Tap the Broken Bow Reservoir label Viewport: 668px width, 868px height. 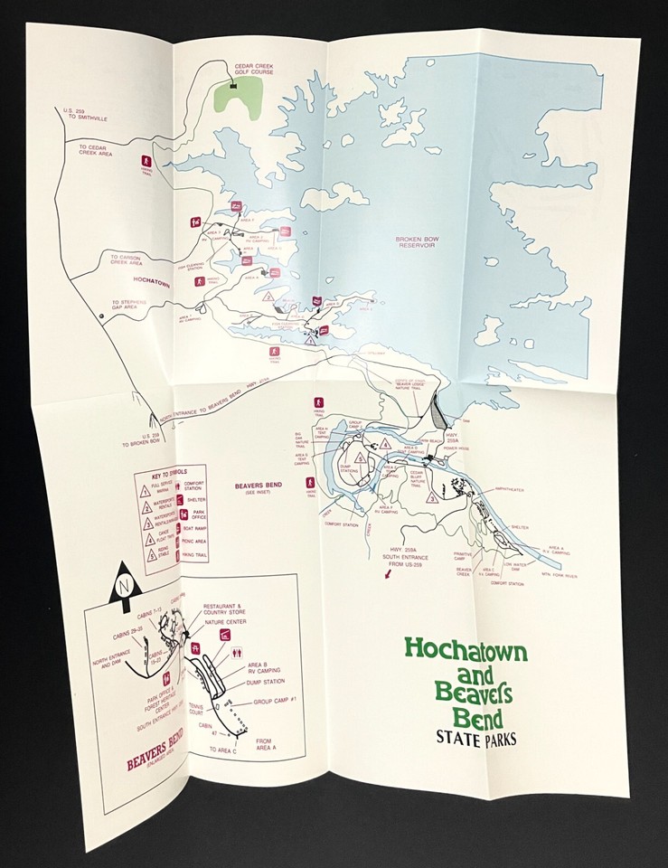(417, 244)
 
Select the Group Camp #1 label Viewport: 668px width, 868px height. (276, 700)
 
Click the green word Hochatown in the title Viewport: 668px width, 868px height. (466, 647)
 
